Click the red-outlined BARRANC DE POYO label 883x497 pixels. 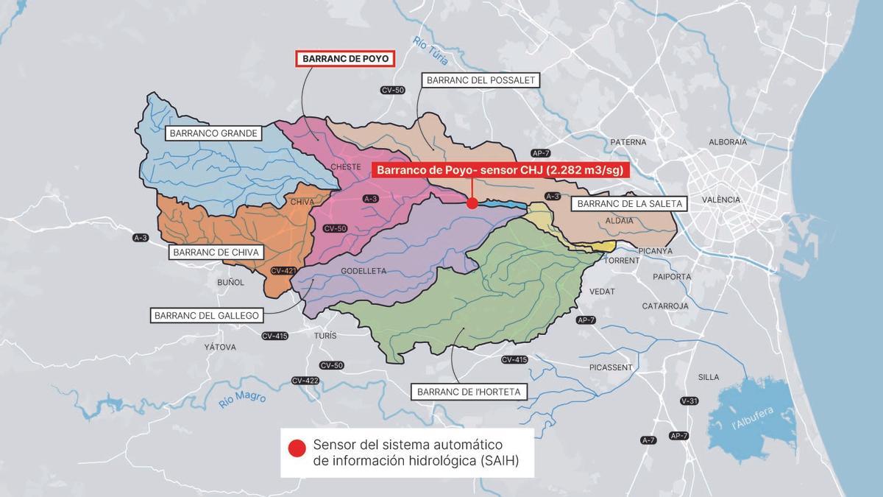[x=345, y=59]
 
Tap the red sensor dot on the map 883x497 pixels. [x=472, y=202]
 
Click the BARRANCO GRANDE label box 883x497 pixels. [x=213, y=133]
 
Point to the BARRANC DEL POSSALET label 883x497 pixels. [x=480, y=80]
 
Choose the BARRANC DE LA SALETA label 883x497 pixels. [x=631, y=203]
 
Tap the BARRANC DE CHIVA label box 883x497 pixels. [x=216, y=252]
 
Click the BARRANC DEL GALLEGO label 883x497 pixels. [x=207, y=315]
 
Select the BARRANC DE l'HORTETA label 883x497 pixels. [x=469, y=392]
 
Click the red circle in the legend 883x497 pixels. [x=297, y=448]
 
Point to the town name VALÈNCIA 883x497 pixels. [x=721, y=200]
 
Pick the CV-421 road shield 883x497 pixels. [x=283, y=271]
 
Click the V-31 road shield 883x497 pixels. [x=689, y=401]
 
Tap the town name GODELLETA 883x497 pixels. [x=364, y=271]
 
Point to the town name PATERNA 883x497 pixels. [x=628, y=142]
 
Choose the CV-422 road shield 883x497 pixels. [x=305, y=381]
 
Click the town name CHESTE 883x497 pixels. [x=346, y=166]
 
